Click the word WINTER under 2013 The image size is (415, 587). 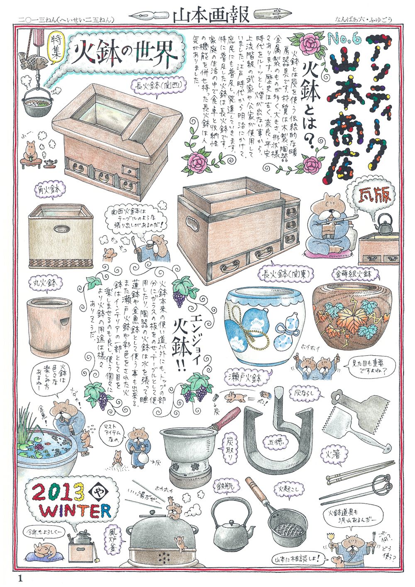(76, 511)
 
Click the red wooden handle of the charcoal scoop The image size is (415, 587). (227, 418)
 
